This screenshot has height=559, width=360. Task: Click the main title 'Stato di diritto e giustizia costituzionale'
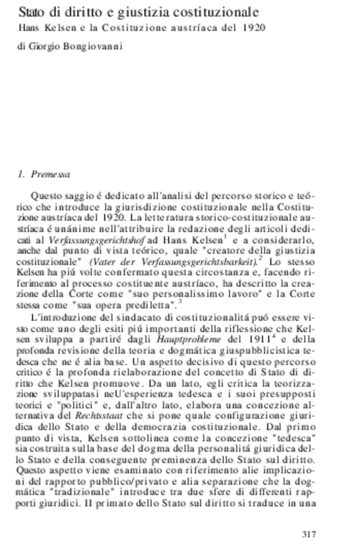[138, 13]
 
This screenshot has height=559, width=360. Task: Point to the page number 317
[309, 533]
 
